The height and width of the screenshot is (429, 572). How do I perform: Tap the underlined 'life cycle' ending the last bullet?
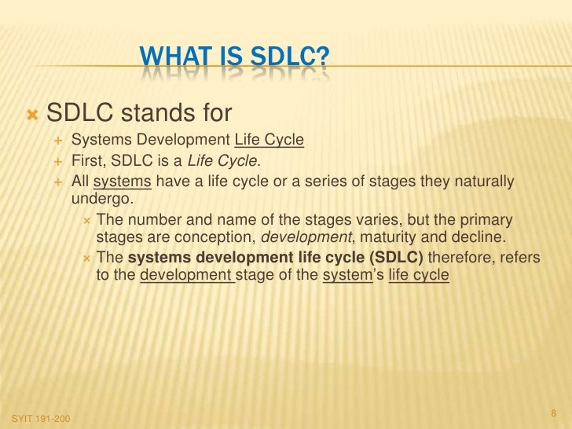point(419,275)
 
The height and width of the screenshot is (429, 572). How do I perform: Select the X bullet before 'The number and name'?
point(87,218)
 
